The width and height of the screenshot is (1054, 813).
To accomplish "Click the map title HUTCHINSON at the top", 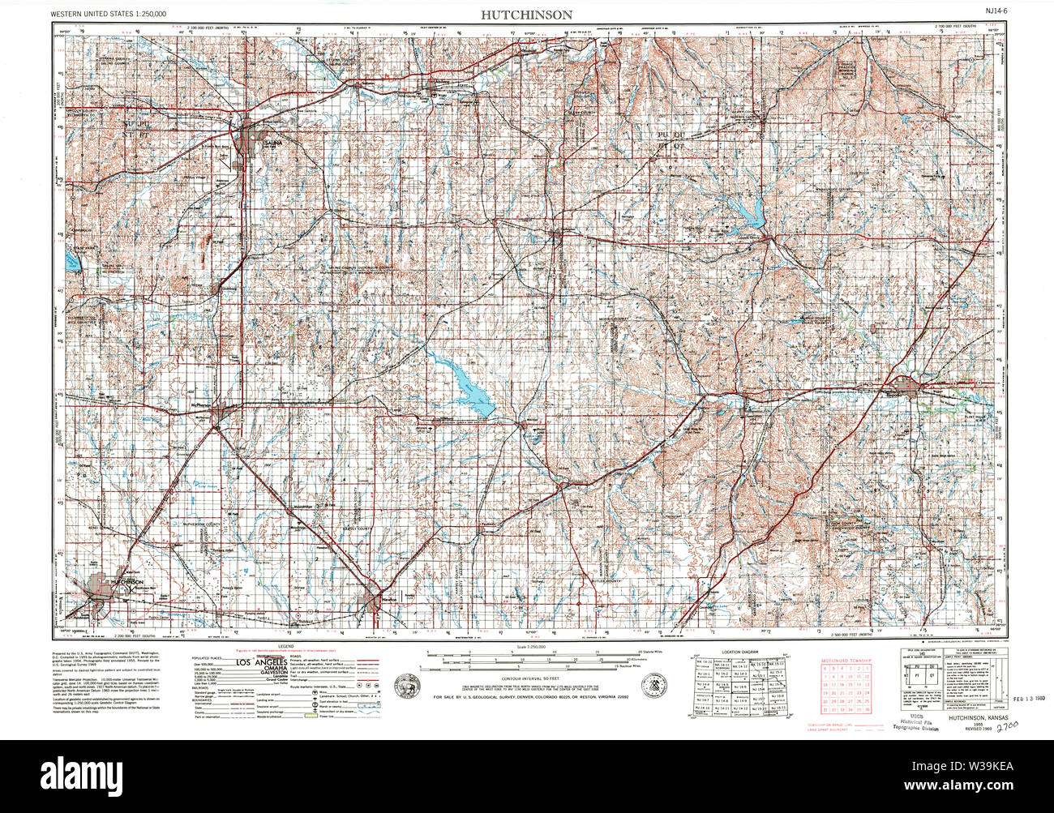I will [x=526, y=15].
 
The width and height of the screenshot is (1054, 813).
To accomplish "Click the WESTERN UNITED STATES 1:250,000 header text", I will [x=109, y=14].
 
